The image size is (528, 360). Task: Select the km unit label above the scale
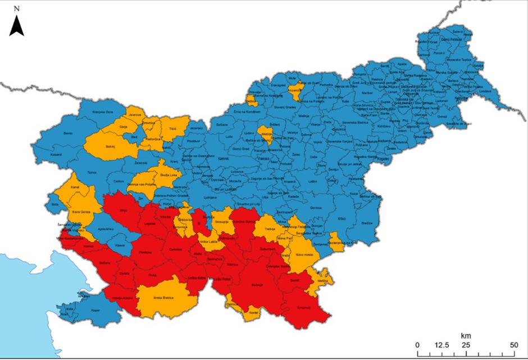pyautogui.click(x=465, y=335)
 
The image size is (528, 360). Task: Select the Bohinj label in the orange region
pyautogui.click(x=110, y=146)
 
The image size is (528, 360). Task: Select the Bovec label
pyautogui.click(x=69, y=133)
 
